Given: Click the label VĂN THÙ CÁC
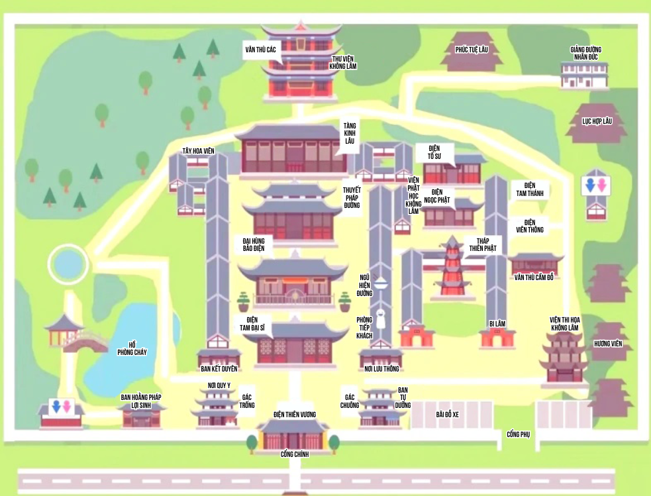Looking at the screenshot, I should coord(260,50).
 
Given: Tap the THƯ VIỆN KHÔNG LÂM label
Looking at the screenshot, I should coord(344,62).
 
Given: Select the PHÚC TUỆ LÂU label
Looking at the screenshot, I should coord(471,50).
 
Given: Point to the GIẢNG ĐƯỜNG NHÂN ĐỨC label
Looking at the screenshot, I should coord(585,53).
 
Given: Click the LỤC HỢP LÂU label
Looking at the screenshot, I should coord(597,121).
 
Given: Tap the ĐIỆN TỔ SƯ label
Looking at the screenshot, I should coord(434,152).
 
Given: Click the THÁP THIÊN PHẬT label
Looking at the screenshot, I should coord(483,244).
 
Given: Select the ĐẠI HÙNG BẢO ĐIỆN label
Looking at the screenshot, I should coord(254,244).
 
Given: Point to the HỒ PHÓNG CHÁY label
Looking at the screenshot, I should coord(132,348).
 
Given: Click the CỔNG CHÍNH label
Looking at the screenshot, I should coord(295,454).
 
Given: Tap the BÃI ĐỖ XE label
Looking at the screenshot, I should coord(447,414).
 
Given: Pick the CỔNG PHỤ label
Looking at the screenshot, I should coord(519,434).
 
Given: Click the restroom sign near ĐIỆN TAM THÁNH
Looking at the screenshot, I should coord(595,185).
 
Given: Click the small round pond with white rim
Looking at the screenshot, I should coord(67,264).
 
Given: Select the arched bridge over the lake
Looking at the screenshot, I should coord(87,341).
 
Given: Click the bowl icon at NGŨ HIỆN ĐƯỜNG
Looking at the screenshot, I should coord(380,283).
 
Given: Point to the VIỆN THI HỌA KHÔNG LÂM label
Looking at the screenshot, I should coord(564,323).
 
